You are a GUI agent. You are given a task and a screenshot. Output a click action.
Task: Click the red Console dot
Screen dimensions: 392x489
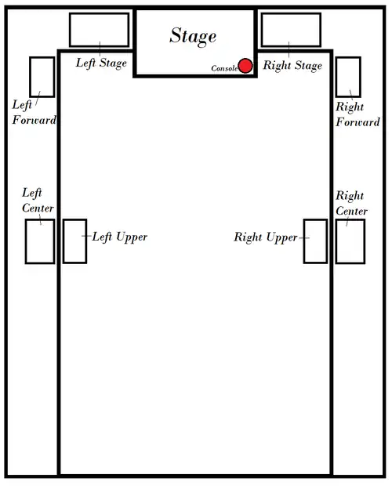245,66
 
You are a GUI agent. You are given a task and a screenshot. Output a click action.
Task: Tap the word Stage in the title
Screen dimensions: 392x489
193,36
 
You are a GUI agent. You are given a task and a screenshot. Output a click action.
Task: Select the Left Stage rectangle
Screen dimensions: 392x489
70,30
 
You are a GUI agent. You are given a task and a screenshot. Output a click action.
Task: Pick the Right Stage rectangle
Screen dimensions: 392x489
261,30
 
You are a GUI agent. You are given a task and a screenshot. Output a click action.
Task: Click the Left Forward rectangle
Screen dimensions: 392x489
30,77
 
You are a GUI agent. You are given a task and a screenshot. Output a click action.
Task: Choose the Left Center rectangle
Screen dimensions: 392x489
26,241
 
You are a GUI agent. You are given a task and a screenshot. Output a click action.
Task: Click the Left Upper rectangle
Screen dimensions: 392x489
64,241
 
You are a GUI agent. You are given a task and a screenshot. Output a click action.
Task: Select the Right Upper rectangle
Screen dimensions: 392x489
304,241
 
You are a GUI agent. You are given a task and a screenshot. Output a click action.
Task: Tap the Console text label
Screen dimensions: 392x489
224,68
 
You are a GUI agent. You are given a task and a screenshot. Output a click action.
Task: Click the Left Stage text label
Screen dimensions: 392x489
101,63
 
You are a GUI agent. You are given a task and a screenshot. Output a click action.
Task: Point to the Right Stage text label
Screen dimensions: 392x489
292,66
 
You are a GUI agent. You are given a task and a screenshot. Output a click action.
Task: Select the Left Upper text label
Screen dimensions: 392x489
119,237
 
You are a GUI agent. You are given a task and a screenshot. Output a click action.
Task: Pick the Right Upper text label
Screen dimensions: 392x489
266,237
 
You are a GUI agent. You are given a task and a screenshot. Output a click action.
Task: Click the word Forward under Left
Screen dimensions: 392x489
34,120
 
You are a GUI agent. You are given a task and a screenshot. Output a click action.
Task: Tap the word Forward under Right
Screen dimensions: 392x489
358,122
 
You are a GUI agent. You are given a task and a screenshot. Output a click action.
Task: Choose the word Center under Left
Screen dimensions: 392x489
38,208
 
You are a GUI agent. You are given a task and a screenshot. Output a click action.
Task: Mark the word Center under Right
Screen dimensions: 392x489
352,211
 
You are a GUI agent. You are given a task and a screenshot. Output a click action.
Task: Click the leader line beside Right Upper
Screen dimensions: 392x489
304,238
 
